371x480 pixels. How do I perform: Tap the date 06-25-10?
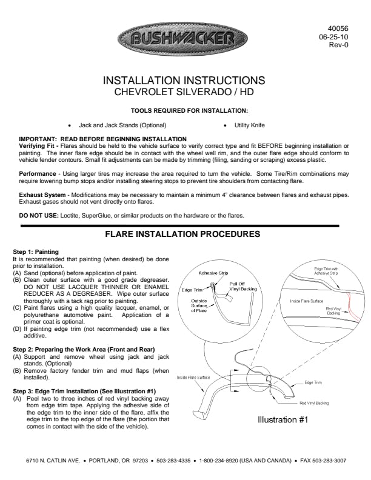tap(335, 36)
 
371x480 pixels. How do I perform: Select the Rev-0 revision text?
tap(338, 45)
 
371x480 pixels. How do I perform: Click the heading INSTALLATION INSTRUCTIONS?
tap(184, 81)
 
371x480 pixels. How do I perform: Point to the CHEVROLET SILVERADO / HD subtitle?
tap(184, 92)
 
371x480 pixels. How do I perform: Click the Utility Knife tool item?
tap(248, 125)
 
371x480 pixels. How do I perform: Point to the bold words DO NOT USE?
tap(39, 216)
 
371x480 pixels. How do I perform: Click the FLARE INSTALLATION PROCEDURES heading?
tap(183, 234)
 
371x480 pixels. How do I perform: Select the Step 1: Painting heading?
tap(36, 252)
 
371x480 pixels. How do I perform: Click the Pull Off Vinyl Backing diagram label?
tap(242, 286)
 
